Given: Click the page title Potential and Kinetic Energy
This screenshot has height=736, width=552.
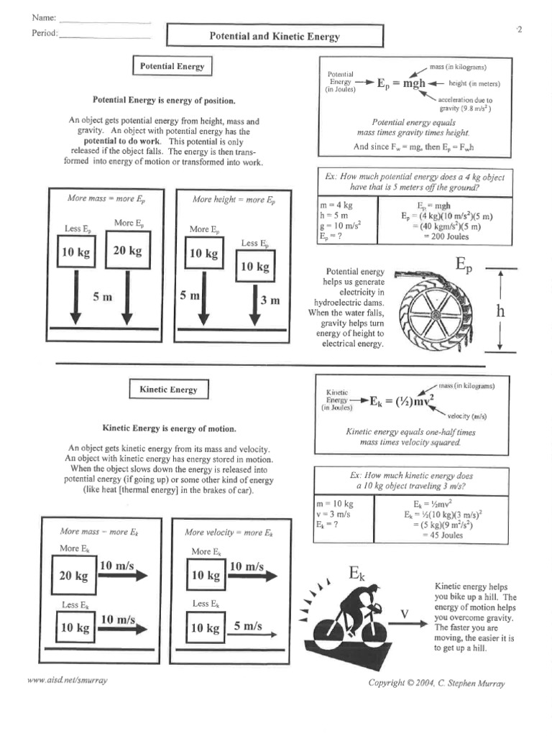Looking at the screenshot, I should coord(275,36).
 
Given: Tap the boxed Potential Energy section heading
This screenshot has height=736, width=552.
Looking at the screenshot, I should coord(172,66).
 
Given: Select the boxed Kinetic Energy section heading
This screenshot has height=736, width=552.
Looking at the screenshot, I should coord(168,390).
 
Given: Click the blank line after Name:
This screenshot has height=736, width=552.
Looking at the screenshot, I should coord(105,20).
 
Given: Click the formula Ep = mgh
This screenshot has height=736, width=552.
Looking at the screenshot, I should coord(401,83).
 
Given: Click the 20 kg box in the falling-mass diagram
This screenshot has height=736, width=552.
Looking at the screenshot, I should coord(127,251).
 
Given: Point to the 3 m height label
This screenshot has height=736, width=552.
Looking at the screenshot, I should coord(270,300).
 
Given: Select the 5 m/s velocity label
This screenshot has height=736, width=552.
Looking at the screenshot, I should coord(247,626).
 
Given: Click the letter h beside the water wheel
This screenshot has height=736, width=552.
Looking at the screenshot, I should coord(501,311).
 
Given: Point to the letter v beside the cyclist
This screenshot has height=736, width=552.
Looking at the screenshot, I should coord(405,613).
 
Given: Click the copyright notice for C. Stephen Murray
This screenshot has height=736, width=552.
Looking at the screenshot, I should coord(436,683).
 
